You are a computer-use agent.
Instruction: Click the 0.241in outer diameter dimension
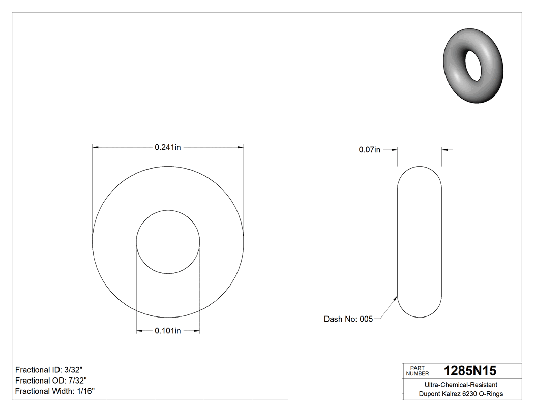click(168, 148)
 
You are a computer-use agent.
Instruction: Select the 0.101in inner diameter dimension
click(168, 331)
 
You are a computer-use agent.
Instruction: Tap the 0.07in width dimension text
click(369, 150)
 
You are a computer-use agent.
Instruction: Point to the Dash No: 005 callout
click(348, 319)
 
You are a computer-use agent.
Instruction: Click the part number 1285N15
click(470, 370)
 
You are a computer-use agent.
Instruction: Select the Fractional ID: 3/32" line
click(49, 370)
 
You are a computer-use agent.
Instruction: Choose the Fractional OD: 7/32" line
click(51, 381)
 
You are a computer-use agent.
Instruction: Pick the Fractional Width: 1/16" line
click(55, 391)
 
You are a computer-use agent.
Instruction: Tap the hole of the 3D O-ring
click(473, 65)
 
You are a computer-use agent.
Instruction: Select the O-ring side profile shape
click(419, 242)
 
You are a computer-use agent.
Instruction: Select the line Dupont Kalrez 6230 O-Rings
click(461, 394)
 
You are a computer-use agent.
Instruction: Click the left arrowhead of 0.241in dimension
click(95, 148)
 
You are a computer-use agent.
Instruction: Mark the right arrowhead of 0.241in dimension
click(241, 148)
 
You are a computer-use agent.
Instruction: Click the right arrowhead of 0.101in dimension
click(196, 331)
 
